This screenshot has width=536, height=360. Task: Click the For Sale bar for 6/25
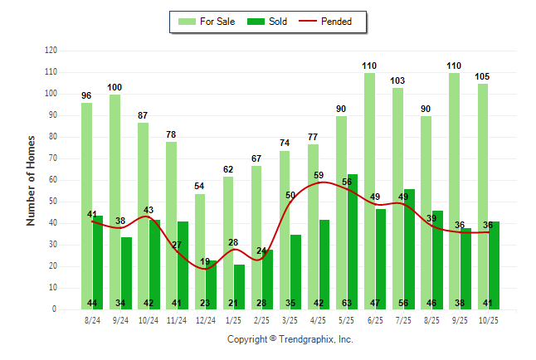pyautogui.click(x=369, y=191)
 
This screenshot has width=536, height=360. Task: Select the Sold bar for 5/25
pyautogui.click(x=353, y=241)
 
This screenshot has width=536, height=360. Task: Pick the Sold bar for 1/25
pyautogui.click(x=239, y=286)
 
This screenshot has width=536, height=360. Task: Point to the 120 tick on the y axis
pyautogui.click(x=51, y=51)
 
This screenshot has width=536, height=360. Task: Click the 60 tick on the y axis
pyautogui.click(x=52, y=180)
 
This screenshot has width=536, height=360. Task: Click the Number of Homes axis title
pyautogui.click(x=31, y=180)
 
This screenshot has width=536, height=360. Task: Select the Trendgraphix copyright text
pyautogui.click(x=290, y=339)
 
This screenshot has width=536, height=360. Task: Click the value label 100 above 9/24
pyautogui.click(x=115, y=87)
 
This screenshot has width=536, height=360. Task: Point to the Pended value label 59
pyautogui.click(x=319, y=176)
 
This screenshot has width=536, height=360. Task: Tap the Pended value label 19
pyautogui.click(x=205, y=261)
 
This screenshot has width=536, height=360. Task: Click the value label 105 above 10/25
pyautogui.click(x=482, y=76)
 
